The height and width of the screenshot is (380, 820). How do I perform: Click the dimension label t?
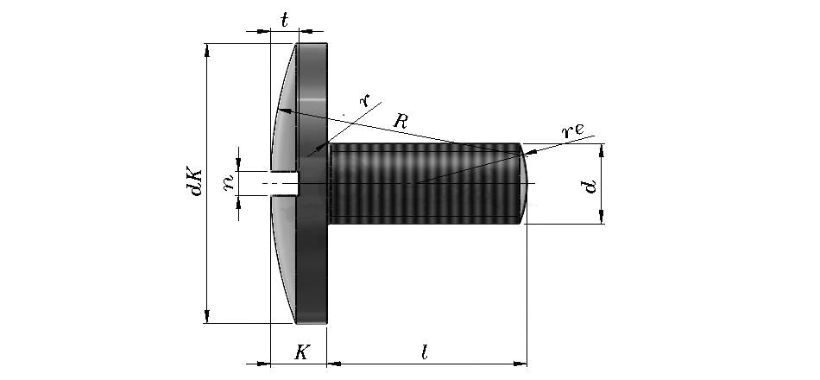[285, 21]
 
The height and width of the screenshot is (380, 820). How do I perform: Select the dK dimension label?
[196, 182]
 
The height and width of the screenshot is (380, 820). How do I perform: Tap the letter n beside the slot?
[229, 183]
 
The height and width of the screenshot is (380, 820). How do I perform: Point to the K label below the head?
[302, 352]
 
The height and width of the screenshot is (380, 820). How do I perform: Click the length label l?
[425, 352]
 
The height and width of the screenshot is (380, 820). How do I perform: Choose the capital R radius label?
[401, 122]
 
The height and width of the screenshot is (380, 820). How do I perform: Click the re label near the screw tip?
[572, 130]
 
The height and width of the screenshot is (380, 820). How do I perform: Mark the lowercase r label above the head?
[364, 99]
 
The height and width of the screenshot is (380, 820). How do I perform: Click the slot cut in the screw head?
[285, 183]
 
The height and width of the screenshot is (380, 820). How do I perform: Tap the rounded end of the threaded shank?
[525, 183]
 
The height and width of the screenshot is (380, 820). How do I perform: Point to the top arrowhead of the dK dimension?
[207, 50]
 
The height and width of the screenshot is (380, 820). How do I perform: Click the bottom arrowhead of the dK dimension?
[207, 316]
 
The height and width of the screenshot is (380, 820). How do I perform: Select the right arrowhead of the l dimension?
[520, 364]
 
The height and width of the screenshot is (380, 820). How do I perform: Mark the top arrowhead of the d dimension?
[602, 150]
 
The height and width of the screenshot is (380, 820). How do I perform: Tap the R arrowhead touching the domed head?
[283, 111]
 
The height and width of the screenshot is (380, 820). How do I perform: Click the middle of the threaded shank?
[424, 183]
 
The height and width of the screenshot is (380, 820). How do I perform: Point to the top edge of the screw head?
[312, 44]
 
